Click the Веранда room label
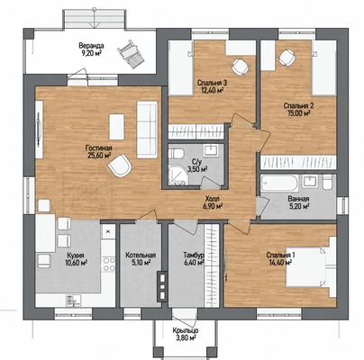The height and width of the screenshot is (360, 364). coord(91,46)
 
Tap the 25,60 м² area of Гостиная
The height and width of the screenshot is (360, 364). coord(98,155)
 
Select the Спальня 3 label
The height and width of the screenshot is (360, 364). coord(212,83)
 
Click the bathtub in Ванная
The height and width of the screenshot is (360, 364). coord(279,183)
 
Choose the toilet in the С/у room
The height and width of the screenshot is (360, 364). coord(176,153)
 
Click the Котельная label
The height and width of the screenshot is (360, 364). coord(141,256)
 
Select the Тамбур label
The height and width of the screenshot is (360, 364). coord(194,256)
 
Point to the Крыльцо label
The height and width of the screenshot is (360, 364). coord(186,330)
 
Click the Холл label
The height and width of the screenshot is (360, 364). coord(213,199)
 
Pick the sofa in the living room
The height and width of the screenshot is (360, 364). coord(147,130)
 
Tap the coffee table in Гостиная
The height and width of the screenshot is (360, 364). coord(116,127)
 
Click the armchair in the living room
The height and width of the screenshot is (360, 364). coord(120,165)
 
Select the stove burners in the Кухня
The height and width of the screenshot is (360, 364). coord(109,265)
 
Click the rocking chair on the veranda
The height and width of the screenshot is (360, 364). coord(131,55)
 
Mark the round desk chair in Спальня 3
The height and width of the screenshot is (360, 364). coord(241,67)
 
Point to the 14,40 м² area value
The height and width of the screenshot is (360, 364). coord(280,263)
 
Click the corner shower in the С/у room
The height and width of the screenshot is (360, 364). coord(177,175)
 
